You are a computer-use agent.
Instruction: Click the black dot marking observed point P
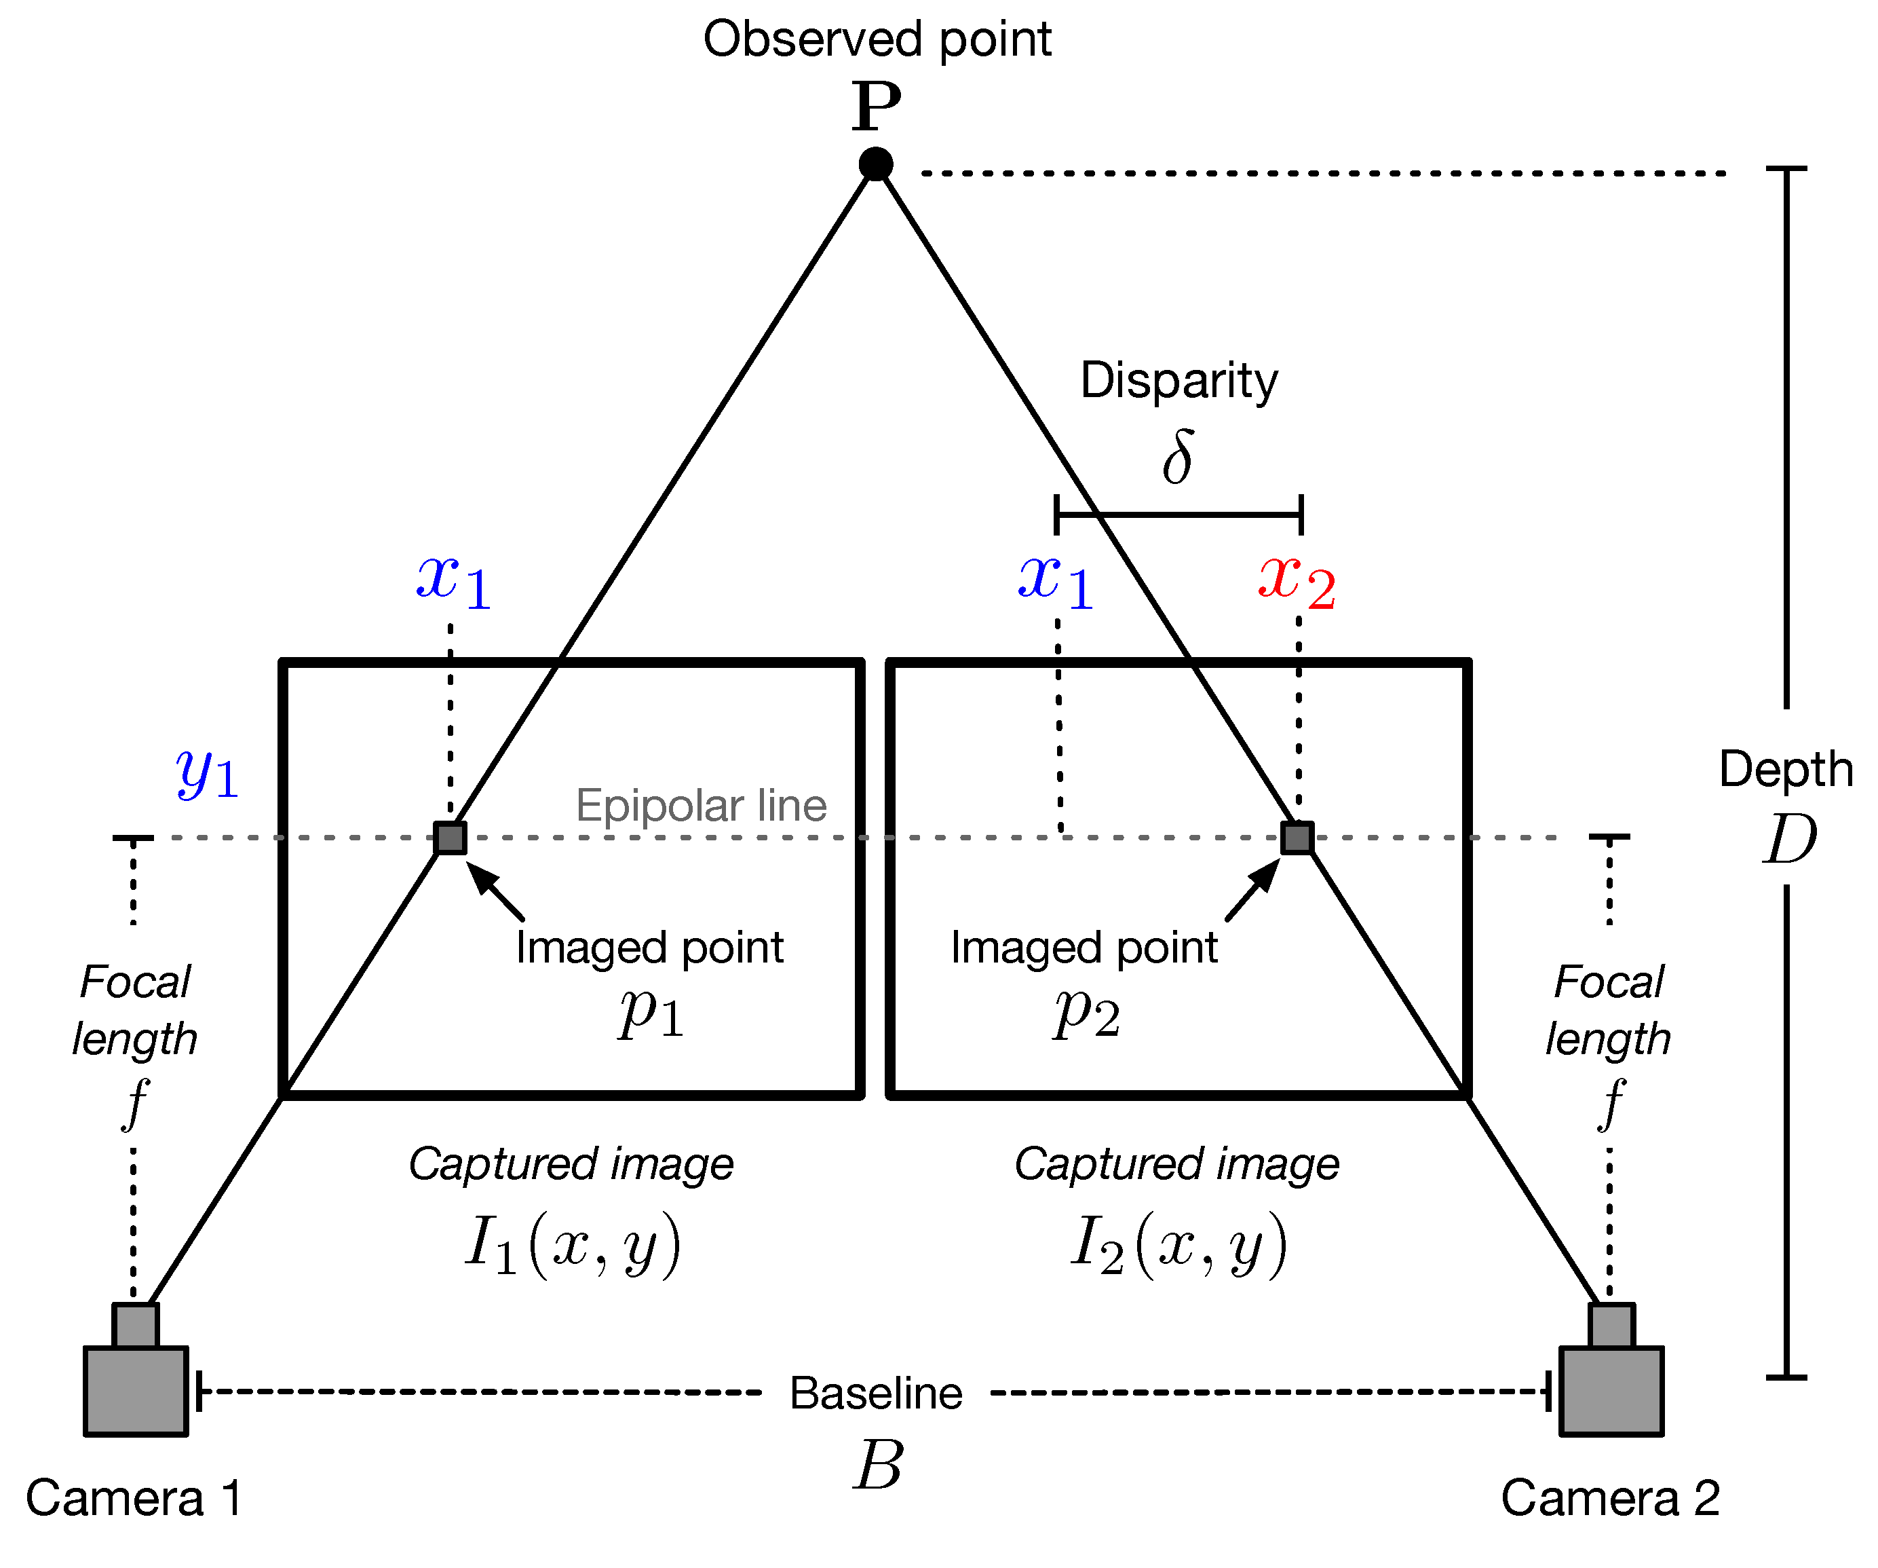pyautogui.click(x=875, y=164)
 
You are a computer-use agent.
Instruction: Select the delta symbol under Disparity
pyautogui.click(x=1178, y=457)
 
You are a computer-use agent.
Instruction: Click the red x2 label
pyautogui.click(x=1296, y=582)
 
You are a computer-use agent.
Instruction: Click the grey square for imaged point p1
pyautogui.click(x=450, y=838)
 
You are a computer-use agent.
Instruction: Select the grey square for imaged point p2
pyautogui.click(x=1297, y=838)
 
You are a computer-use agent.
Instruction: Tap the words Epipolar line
pyautogui.click(x=701, y=806)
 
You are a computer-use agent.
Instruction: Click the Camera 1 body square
pyautogui.click(x=136, y=1391)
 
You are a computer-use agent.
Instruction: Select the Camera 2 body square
pyautogui.click(x=1611, y=1391)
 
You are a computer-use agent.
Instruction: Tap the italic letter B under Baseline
pyautogui.click(x=877, y=1467)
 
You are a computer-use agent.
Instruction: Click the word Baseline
pyautogui.click(x=875, y=1394)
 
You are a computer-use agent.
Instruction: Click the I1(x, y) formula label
pyautogui.click(x=573, y=1244)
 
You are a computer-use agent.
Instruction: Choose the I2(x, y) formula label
pyautogui.click(x=1178, y=1244)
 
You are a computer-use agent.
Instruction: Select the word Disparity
pyautogui.click(x=1178, y=380)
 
